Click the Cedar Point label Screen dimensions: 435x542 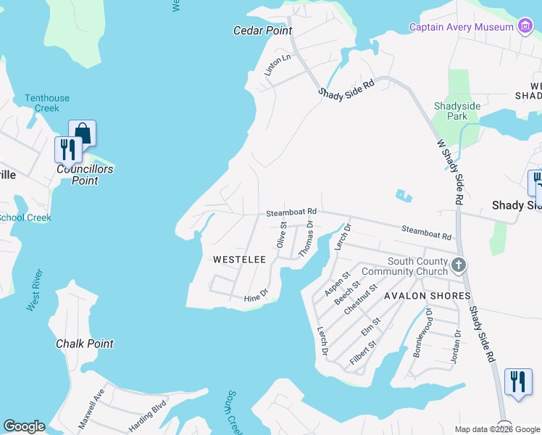[262, 30]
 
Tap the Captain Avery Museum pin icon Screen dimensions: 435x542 [525, 27]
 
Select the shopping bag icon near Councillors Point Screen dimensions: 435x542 [83, 133]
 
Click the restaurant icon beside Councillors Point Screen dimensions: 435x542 [67, 149]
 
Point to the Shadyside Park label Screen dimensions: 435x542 [456, 111]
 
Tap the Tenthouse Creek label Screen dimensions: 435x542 [47, 103]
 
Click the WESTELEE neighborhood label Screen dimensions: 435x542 [239, 259]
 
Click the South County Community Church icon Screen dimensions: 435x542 [458, 265]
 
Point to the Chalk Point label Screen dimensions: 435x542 [85, 343]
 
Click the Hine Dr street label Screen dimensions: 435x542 [256, 296]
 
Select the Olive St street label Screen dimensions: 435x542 [283, 233]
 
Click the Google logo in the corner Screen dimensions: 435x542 [24, 426]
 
